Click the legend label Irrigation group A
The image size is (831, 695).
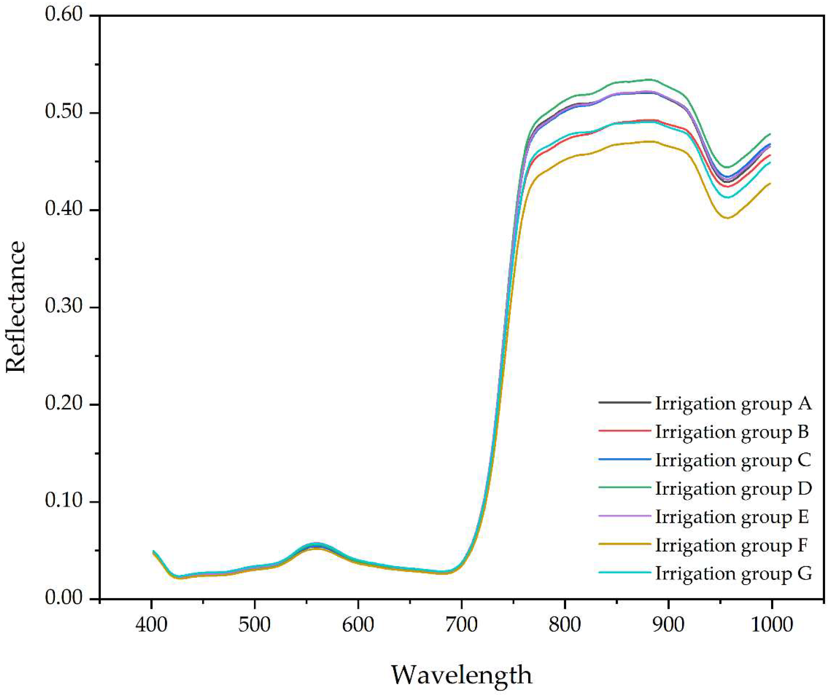[x=733, y=403]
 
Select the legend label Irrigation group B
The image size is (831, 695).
[x=732, y=432]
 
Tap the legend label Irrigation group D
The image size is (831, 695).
[x=733, y=488]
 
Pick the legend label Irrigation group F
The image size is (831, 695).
[x=731, y=545]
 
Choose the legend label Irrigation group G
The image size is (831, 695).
[x=733, y=574]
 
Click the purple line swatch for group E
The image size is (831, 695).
[x=624, y=516]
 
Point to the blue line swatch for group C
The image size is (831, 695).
[x=624, y=459]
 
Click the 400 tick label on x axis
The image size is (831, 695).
[x=152, y=625]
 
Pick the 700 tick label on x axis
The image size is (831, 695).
[x=461, y=625]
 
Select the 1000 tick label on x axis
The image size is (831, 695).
[x=771, y=625]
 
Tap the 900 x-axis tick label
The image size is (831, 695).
[x=668, y=625]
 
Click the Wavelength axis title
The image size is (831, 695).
[x=461, y=675]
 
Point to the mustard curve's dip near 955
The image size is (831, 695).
[x=727, y=218]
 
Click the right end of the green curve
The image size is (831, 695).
[x=770, y=134]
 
